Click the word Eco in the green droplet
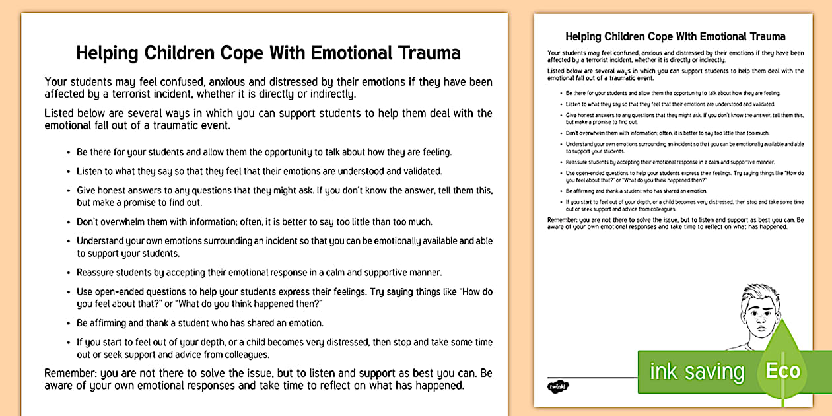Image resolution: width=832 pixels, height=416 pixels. pos(782,370)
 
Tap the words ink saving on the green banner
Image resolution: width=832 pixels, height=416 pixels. pos(696,372)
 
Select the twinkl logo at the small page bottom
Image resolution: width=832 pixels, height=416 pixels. pos(559,385)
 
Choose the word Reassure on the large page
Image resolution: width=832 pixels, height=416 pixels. pos(98,272)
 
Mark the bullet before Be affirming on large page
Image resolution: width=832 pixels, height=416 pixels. pos(69,324)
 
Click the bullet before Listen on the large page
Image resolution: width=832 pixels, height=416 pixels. pos(69,172)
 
